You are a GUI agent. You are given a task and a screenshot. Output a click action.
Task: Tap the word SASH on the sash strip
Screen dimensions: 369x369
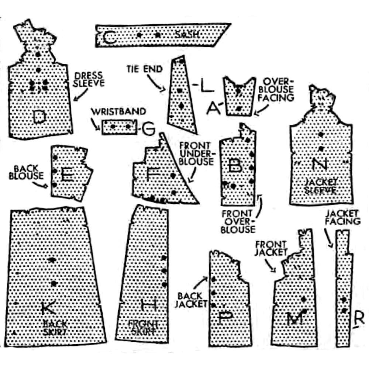188,34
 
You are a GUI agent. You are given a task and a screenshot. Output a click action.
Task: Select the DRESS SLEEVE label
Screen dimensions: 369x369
89,79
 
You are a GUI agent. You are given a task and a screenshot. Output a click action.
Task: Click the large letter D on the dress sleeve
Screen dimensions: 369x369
39,117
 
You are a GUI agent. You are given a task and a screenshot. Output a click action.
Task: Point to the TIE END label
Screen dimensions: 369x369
144,69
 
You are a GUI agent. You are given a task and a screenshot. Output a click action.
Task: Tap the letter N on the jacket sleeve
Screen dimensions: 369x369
320,164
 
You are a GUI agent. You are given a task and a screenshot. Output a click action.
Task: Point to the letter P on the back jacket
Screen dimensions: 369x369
224,318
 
